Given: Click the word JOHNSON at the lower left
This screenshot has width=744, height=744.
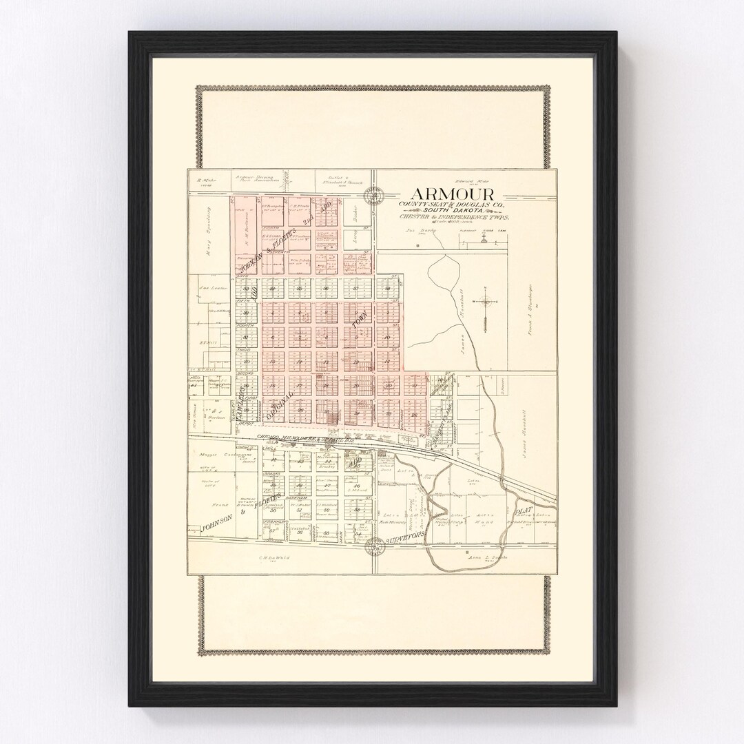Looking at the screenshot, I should coord(214,527).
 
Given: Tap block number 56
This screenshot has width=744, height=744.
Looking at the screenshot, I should coord(300,531).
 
